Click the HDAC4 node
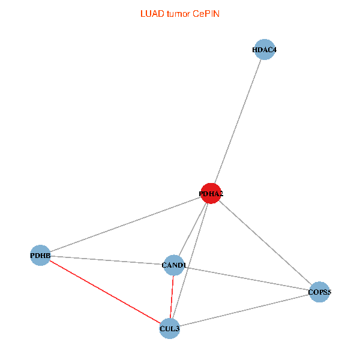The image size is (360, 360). (x=265, y=50)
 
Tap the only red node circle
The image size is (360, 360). (x=211, y=193)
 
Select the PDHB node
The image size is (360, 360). (x=40, y=256)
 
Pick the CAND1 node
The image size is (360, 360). (x=174, y=265)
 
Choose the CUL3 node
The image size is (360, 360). (x=170, y=328)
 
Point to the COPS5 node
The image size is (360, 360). (x=320, y=292)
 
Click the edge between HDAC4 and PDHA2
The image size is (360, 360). (x=238, y=121)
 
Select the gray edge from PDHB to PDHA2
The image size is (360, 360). (x=125, y=224)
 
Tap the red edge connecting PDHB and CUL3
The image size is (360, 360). (x=105, y=292)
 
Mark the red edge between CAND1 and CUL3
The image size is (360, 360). (x=172, y=296)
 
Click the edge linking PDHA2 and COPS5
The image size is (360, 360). (x=265, y=243)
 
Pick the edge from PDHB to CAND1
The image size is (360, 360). (x=107, y=260)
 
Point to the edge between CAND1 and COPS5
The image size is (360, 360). (x=247, y=278)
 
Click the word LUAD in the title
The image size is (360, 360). (x=150, y=13)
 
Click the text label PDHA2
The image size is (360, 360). (x=211, y=194)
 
